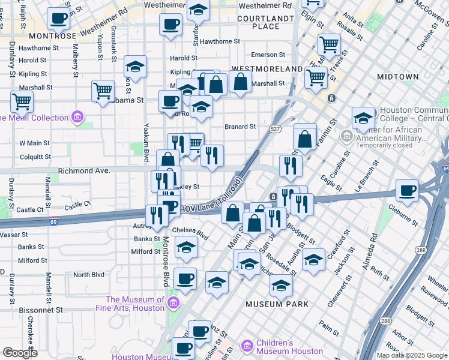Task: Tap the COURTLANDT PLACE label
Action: (x=266, y=22)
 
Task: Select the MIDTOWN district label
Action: (x=397, y=77)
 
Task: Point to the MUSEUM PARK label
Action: (x=277, y=304)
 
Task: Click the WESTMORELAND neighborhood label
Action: (x=267, y=69)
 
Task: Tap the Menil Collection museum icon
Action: (x=77, y=116)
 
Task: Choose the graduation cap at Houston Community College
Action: (x=363, y=118)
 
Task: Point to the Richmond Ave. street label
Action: (x=84, y=171)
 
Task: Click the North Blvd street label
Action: (x=88, y=275)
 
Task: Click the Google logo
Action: (x=20, y=353)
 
